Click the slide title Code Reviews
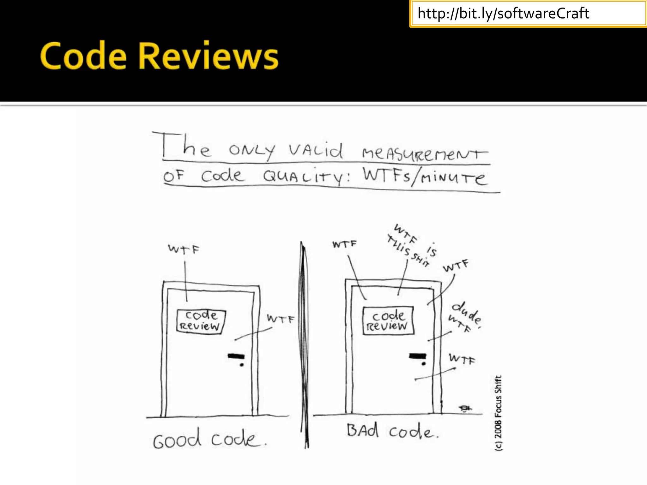[x=159, y=56]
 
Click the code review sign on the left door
[x=201, y=320]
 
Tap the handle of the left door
[x=236, y=357]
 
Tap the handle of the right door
[x=417, y=356]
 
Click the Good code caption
[x=209, y=439]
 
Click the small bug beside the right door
[x=465, y=409]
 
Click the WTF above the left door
[x=184, y=249]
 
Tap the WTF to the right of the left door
[x=280, y=319]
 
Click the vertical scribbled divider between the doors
[x=305, y=344]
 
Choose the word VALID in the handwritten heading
[x=315, y=151]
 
